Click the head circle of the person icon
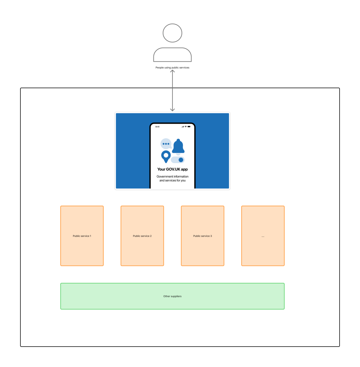click(x=172, y=33)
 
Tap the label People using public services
click(x=172, y=67)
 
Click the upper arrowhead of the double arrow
click(x=172, y=72)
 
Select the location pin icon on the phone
click(x=166, y=156)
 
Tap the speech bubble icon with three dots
click(x=166, y=144)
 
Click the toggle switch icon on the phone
click(x=178, y=160)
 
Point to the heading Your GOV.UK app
click(x=172, y=170)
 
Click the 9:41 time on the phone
click(x=157, y=127)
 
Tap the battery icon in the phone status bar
click(x=189, y=127)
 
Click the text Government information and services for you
click(x=172, y=178)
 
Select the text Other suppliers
click(x=172, y=296)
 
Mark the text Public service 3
click(x=203, y=236)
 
